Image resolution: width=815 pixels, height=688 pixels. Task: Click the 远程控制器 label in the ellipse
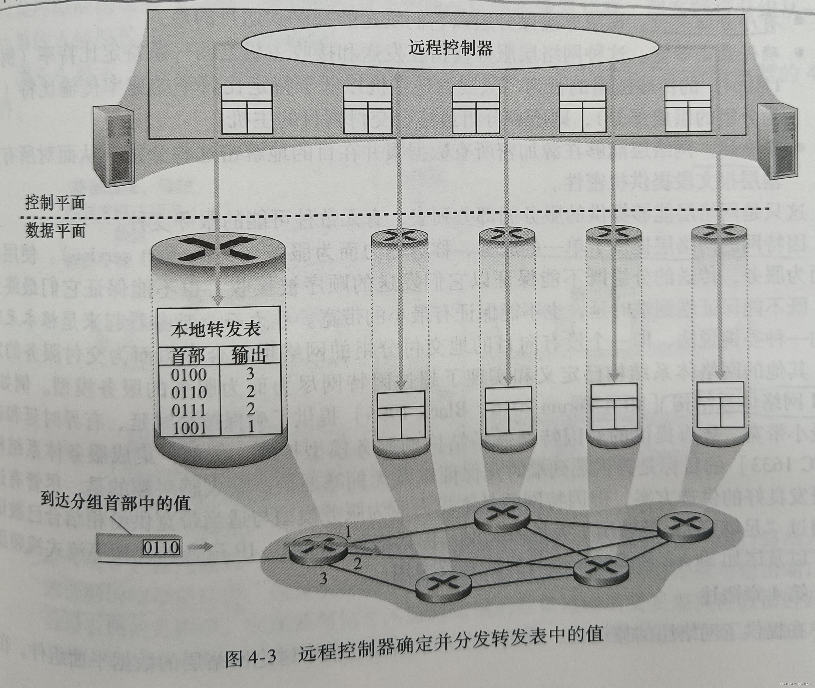[451, 48]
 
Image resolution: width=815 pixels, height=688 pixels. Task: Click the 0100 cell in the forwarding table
[189, 375]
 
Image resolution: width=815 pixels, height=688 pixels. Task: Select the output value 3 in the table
[250, 374]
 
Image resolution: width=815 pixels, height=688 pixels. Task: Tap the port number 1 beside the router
[348, 532]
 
